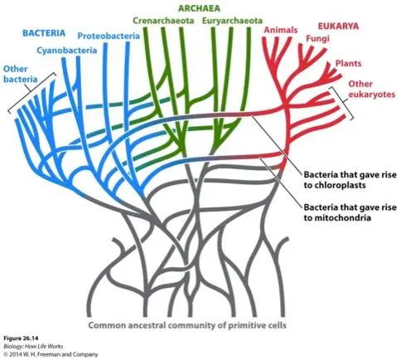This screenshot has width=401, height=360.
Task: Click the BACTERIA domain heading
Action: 44,33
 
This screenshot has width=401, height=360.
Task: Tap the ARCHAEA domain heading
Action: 199,8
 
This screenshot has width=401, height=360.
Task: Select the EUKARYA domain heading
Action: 338,26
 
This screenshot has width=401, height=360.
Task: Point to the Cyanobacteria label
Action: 67,51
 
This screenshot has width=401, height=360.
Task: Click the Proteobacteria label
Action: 109,36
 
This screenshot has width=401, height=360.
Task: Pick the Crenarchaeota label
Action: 163,21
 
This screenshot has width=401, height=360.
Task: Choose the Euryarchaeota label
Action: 232,21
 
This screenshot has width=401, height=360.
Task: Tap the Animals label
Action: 281,30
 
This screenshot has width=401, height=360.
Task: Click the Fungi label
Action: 317,38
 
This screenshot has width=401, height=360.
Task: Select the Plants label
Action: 348,63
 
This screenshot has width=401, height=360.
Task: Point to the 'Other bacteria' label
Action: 20,74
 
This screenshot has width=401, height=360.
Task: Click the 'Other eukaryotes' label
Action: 371,89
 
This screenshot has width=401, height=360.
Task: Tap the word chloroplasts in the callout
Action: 335,185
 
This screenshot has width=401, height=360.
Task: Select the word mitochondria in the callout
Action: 337,217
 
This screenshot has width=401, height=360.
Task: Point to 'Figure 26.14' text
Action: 21,338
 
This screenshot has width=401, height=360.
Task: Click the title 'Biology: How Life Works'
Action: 33,346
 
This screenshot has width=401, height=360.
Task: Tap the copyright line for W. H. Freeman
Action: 51,354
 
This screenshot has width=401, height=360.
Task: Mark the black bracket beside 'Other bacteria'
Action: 31,93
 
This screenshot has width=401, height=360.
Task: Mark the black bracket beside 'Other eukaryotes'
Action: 342,103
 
